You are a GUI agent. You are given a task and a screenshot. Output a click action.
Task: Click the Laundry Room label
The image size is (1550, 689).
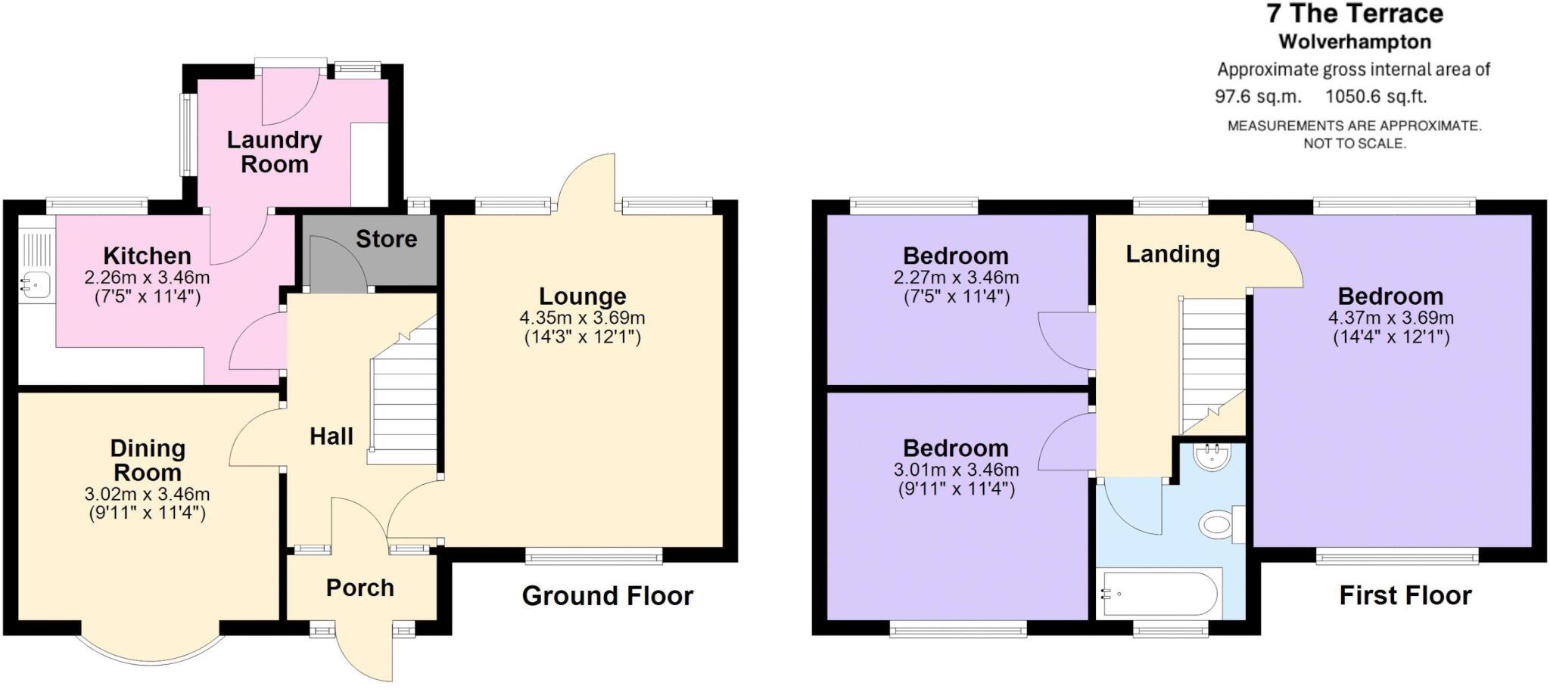274,152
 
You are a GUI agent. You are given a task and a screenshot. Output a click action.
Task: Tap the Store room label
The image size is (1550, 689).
386,239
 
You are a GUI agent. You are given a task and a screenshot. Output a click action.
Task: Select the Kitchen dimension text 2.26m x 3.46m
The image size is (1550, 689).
147,278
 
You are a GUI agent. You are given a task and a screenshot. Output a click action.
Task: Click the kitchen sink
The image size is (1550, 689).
35,284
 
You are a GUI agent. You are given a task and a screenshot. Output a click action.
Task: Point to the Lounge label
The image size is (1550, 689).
582,296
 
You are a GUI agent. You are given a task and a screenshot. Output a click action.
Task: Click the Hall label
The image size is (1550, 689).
331,436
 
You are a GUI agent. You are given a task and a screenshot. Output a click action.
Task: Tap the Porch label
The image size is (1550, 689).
359,588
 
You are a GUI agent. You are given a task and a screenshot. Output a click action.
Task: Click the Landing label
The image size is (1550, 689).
1172,254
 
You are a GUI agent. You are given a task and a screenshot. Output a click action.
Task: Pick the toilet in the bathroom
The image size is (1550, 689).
1219,523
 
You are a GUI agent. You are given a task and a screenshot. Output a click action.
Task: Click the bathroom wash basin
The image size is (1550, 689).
1212,456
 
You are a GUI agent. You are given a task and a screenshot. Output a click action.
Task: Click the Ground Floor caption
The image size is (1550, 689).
607,596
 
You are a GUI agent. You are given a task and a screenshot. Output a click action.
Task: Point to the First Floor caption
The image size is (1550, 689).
1405,595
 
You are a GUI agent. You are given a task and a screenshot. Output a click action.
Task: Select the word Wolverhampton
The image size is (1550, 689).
1355,42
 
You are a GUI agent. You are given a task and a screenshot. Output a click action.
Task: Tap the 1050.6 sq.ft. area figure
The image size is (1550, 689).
1376,97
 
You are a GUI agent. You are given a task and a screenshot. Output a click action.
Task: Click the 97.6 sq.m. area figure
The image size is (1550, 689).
1258,97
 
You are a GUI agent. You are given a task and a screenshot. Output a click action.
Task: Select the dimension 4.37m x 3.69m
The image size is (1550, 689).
1391,318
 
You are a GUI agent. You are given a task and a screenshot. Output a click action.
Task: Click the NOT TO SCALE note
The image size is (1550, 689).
1354,143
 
